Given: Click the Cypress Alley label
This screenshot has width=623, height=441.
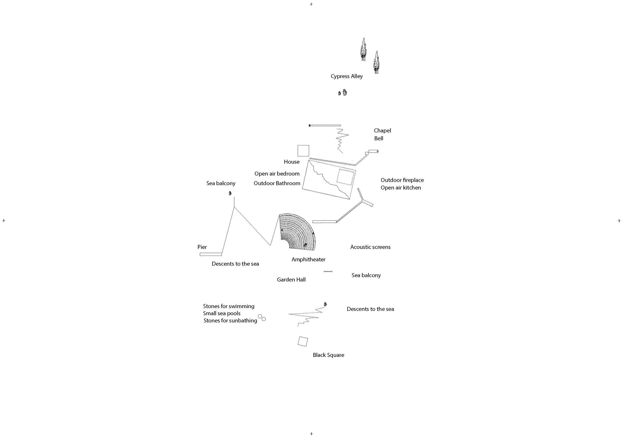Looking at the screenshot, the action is pos(346,76).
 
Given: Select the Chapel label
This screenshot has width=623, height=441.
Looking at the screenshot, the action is pos(382,131).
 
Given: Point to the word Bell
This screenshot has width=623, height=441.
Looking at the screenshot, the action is pos(379,138).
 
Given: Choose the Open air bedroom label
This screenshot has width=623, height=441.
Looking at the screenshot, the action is pos(277,174).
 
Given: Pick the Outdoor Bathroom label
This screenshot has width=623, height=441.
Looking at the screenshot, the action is pos(277,183).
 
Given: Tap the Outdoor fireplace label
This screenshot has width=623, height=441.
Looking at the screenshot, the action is pos(402,180).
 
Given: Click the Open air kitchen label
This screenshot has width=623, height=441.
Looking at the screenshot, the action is pos(400,188).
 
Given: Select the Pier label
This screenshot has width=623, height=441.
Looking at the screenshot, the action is pos(202,247).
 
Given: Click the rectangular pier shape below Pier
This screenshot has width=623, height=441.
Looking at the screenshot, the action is pos(211,254).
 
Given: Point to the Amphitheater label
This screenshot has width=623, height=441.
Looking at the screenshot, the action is pos(308,260).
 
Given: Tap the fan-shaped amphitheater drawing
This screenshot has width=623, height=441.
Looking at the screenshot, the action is pos(299,233).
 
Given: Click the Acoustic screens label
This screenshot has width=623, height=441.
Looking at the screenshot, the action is pos(370,247).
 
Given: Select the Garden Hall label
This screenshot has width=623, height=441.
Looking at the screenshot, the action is pos(291,280).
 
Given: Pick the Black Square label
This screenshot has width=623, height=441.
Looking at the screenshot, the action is pos(328,355).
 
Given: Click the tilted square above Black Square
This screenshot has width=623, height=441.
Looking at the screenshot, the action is pos(303,341).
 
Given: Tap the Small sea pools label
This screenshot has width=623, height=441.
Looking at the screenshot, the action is pos(222,313).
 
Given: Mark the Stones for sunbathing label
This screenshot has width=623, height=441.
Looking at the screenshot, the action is pos(230,321).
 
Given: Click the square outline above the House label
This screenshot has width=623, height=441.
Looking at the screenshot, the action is pos(303,151).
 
